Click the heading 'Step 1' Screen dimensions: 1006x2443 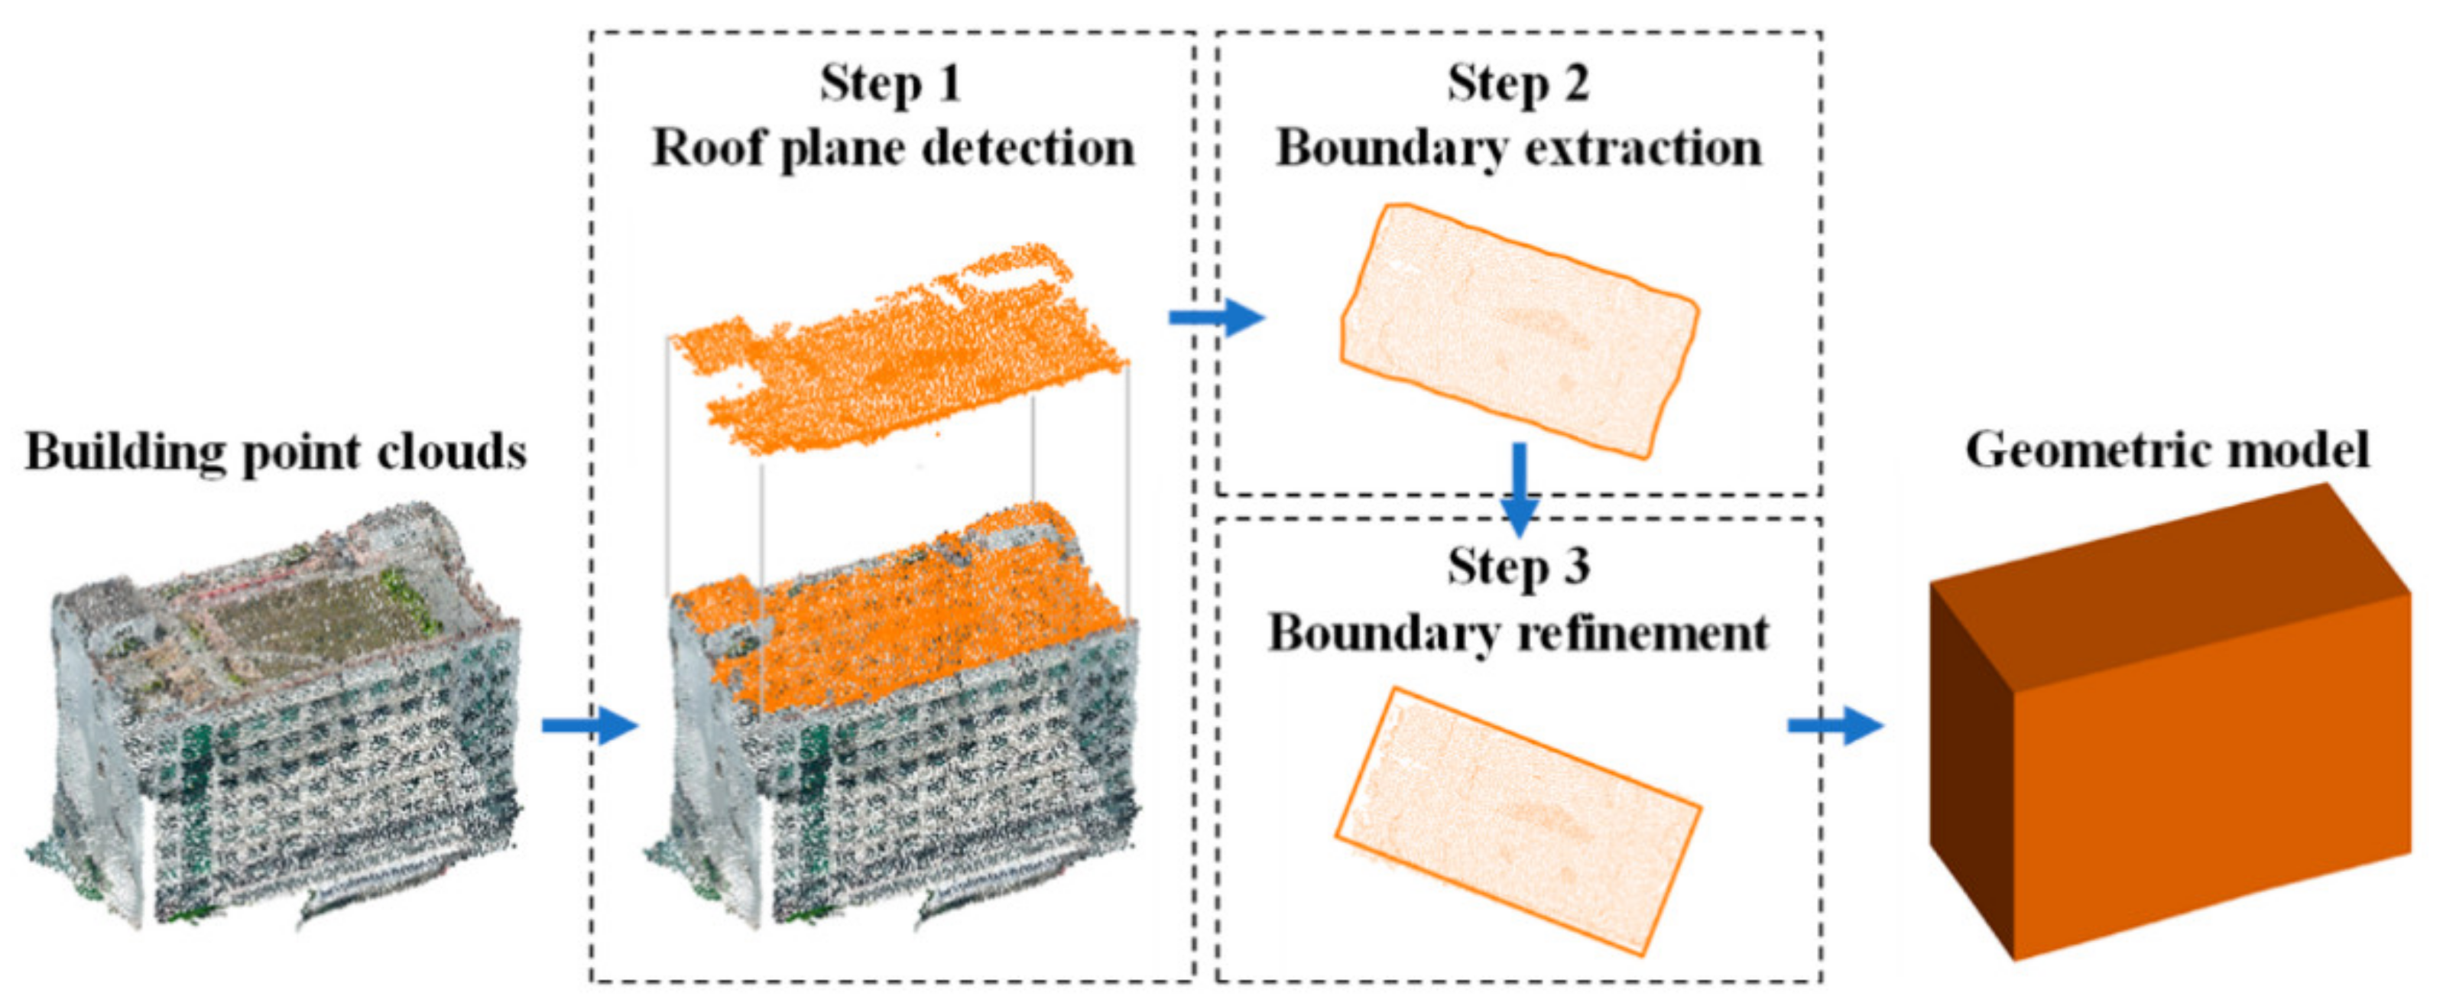pos(891,83)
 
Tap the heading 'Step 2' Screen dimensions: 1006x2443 pos(1517,83)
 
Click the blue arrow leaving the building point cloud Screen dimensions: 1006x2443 pos(589,726)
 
